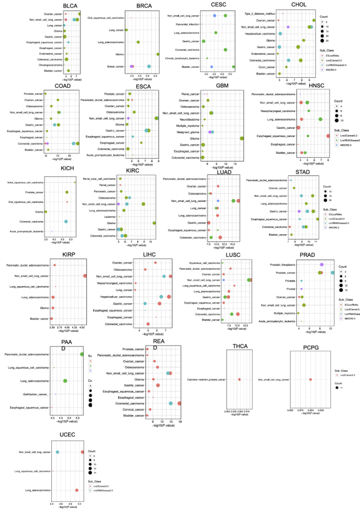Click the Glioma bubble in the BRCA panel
158,54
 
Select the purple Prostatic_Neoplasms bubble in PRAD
321,264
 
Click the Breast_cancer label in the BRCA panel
116,67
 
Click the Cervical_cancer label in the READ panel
134,409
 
